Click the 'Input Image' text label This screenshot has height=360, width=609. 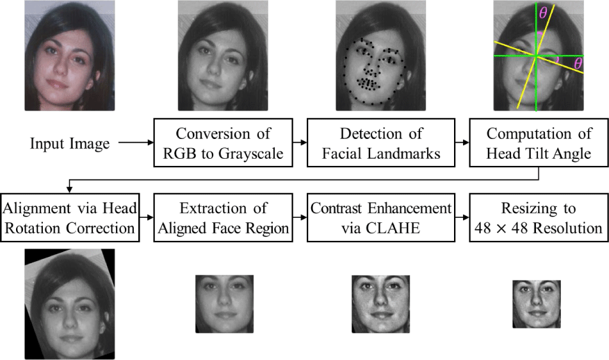point(70,143)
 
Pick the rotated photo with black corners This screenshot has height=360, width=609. point(69,303)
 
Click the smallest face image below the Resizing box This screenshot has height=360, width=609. point(537,304)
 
